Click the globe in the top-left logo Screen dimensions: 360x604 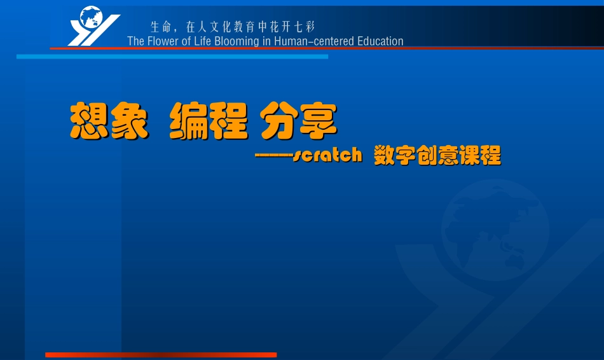[91, 17]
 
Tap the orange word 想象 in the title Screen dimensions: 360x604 [109, 121]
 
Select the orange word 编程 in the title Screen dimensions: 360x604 [208, 121]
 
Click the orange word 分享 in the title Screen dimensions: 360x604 [298, 121]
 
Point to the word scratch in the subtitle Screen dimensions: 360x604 [327, 155]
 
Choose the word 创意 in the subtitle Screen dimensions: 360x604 [437, 155]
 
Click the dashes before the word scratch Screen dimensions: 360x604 [273, 155]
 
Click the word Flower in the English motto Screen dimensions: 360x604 [162, 41]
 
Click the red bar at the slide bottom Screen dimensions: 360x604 [161, 355]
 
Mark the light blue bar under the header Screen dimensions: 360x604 [172, 57]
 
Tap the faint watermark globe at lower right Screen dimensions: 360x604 [495, 229]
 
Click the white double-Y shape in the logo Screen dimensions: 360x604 [86, 35]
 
